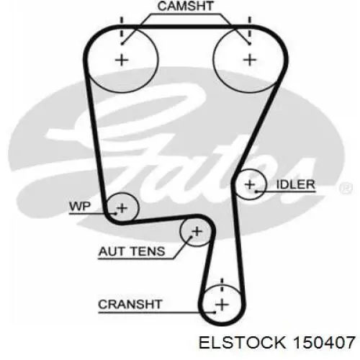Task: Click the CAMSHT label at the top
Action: click(185, 6)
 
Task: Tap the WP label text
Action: click(80, 207)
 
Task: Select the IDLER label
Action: click(295, 184)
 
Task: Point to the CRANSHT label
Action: click(130, 305)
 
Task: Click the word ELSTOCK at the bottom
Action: click(243, 342)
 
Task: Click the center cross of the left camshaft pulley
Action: click(122, 60)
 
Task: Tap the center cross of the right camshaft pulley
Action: click(250, 60)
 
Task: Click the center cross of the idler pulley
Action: click(250, 184)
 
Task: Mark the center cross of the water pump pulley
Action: click(122, 208)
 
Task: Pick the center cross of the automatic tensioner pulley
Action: click(197, 232)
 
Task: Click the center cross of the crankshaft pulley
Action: click(222, 305)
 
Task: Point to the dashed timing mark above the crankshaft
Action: click(222, 285)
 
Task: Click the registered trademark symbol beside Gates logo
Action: click(346, 188)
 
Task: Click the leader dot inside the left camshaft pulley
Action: click(122, 44)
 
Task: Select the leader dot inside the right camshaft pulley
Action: click(250, 44)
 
